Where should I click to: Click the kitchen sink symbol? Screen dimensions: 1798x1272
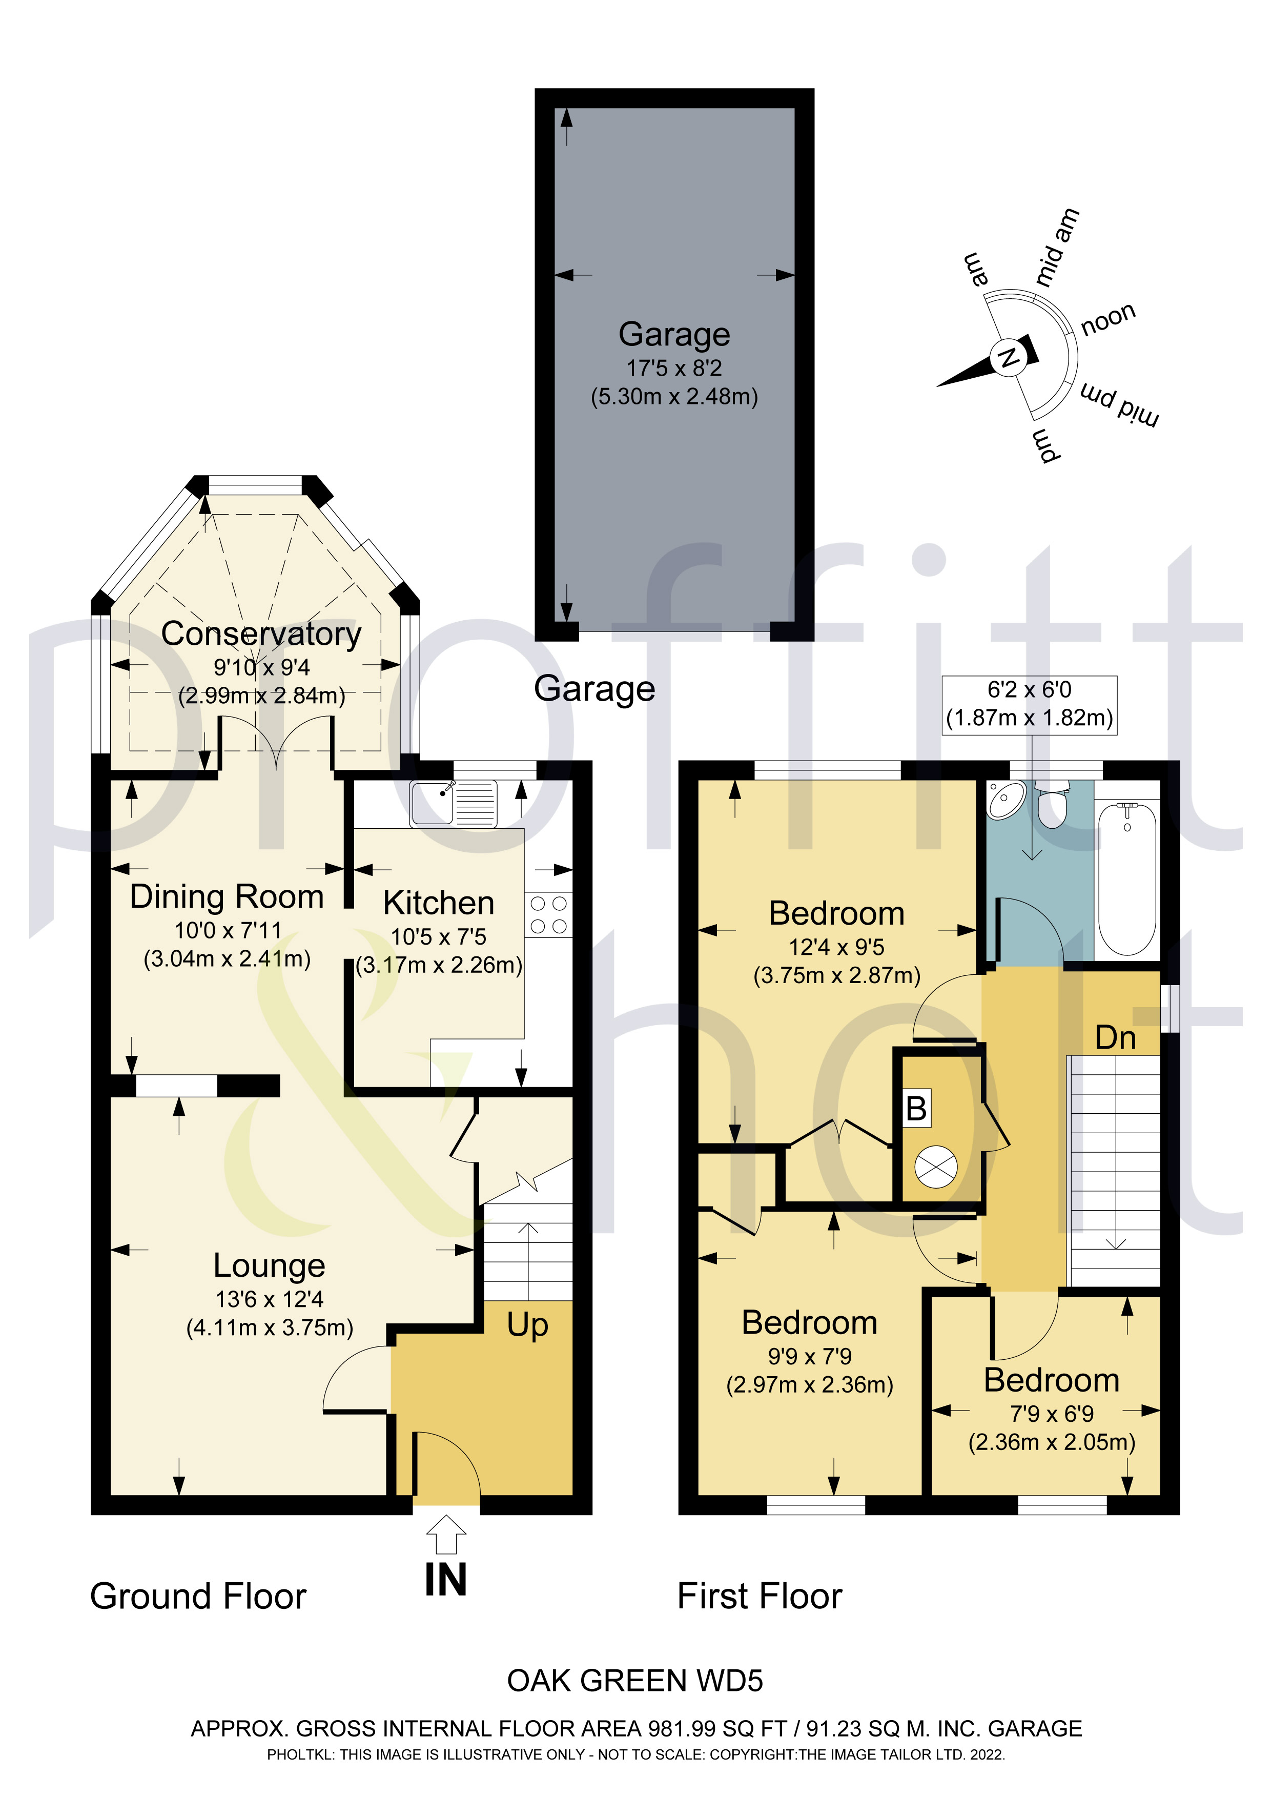[453, 804]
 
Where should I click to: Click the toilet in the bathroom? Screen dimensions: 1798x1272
[1051, 804]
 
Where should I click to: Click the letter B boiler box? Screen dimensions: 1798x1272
[916, 1108]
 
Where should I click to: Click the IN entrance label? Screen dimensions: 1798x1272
[446, 1580]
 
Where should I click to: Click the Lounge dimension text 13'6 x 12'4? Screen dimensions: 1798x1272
[270, 1299]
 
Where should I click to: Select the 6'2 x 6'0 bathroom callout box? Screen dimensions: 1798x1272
[1029, 705]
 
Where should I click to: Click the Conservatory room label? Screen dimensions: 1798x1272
[261, 634]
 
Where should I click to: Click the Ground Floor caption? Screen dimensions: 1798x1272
[198, 1596]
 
